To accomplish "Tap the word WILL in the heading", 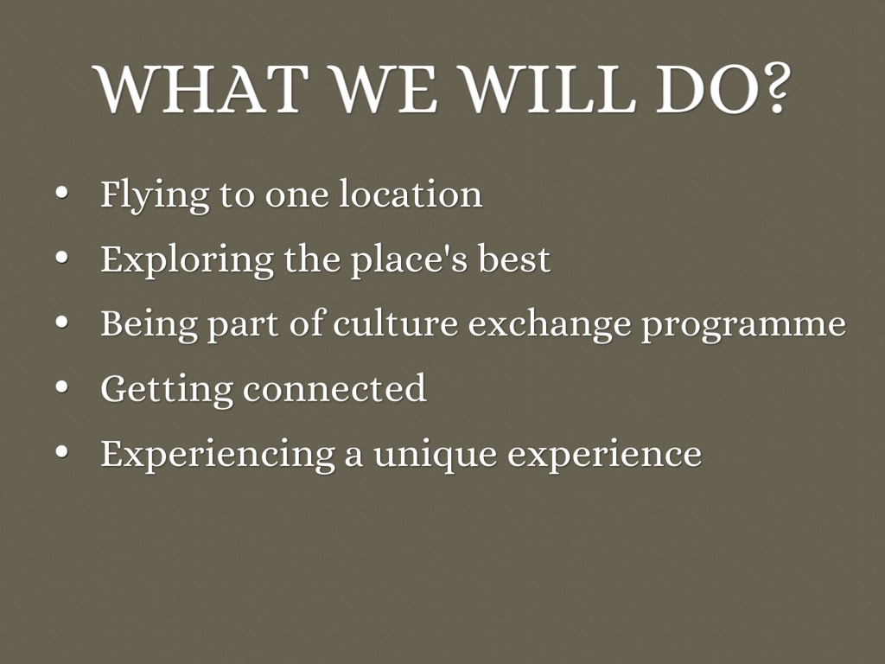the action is pos(549,89).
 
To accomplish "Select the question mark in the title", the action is pos(774,87).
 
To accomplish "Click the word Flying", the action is pos(155,195).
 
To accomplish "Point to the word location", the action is pos(411,194).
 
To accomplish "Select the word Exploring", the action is pos(188,260).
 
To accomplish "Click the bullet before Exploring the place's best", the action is pos(62,258).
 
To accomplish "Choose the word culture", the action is pos(395,323).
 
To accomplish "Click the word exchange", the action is pos(550,325).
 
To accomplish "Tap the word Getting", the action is pos(167,390).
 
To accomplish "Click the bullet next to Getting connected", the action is pos(62,387).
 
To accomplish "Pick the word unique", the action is pos(436,455).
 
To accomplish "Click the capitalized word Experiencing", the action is pos(218,455).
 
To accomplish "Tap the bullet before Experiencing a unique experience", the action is pos(62,452).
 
